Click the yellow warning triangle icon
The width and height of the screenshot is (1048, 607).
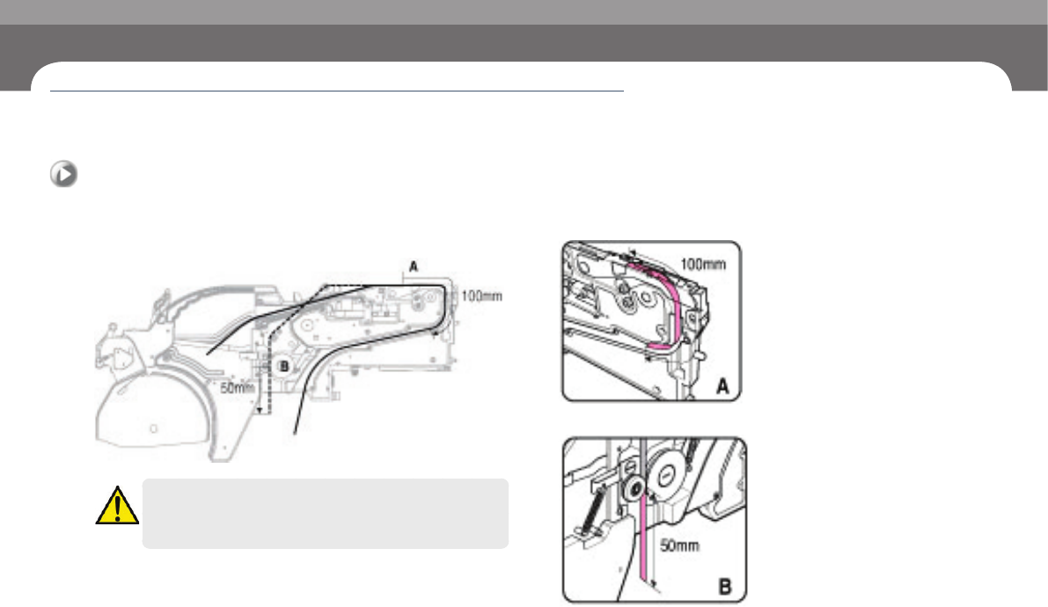(117, 506)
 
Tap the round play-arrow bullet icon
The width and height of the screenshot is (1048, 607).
(63, 174)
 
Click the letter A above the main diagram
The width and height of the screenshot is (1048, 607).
(413, 266)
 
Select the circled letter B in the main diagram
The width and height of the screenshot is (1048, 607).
(283, 366)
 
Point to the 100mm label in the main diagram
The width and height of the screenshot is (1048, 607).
(481, 296)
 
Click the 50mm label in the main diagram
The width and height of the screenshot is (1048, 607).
(238, 388)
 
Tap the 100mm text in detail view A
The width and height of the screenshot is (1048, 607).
(703, 264)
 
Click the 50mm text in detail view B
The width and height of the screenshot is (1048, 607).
(679, 546)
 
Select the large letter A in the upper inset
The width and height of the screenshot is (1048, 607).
(722, 385)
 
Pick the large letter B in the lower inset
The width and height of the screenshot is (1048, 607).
(725, 588)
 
